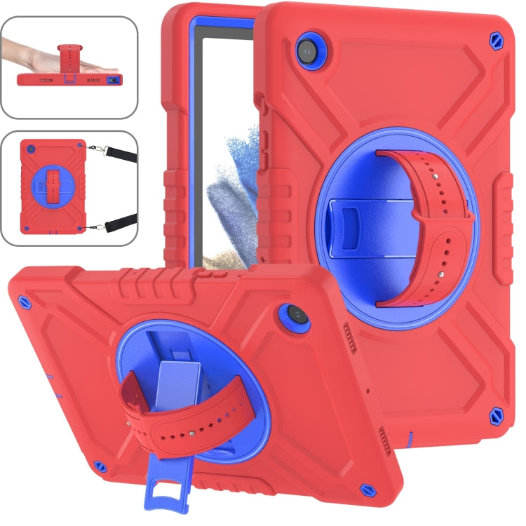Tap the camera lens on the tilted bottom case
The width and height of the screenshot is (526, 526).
click(292, 320)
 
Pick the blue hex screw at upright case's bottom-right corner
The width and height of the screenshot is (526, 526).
click(497, 414)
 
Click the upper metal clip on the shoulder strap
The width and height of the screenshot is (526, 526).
click(94, 147)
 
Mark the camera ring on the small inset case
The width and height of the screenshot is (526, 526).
click(29, 149)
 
